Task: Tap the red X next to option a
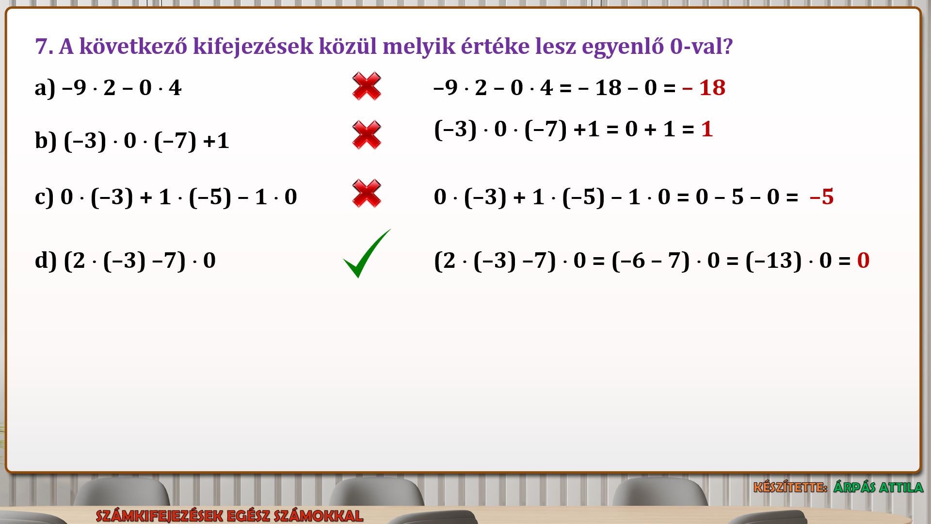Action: (367, 86)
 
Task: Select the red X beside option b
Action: (367, 135)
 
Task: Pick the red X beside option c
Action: (367, 194)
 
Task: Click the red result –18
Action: (704, 88)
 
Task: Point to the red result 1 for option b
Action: (707, 129)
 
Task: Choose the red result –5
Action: (821, 197)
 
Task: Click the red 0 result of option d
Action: (863, 261)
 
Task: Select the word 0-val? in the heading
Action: (701, 47)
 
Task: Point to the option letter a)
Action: (45, 88)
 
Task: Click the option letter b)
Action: (46, 141)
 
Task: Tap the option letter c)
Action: (44, 197)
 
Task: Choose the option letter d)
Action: (46, 261)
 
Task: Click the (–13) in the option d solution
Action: (773, 261)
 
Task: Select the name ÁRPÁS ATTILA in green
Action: (878, 487)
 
